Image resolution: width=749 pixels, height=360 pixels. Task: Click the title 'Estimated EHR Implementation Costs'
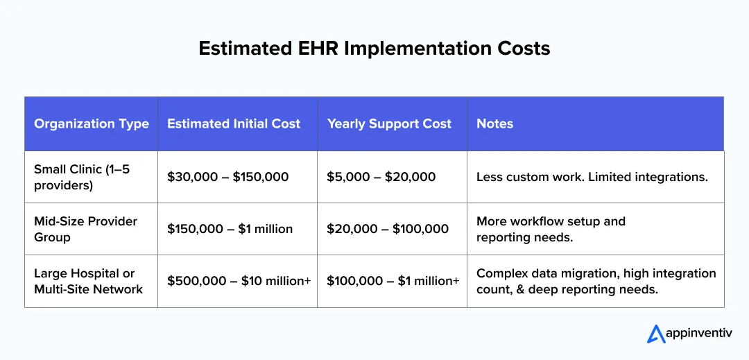(374, 48)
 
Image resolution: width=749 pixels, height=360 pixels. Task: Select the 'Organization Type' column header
(92, 124)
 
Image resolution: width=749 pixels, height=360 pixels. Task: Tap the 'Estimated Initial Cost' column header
(234, 124)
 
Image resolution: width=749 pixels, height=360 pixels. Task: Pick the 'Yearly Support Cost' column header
(389, 124)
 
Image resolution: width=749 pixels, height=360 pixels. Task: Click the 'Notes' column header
(494, 124)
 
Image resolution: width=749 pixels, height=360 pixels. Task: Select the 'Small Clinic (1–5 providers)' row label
(82, 177)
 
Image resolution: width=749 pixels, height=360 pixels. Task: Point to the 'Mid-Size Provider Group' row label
(86, 229)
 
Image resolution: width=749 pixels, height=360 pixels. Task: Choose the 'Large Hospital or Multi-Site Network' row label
(88, 281)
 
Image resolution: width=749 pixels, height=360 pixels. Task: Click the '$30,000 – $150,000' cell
(227, 177)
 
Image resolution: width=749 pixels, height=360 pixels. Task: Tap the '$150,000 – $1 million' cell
(230, 229)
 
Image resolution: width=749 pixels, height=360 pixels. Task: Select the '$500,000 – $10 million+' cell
(239, 281)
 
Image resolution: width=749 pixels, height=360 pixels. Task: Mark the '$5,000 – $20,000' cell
(381, 177)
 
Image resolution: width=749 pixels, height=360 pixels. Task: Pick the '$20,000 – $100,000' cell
(388, 229)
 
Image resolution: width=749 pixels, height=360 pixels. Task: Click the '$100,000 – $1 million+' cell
(393, 281)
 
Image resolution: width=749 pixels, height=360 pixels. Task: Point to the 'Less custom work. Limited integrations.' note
(592, 177)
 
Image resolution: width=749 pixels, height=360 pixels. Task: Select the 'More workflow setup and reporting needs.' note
(551, 229)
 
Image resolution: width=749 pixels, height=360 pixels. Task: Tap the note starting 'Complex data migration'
(596, 281)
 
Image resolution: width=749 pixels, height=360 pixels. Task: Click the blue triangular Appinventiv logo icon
(656, 334)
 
